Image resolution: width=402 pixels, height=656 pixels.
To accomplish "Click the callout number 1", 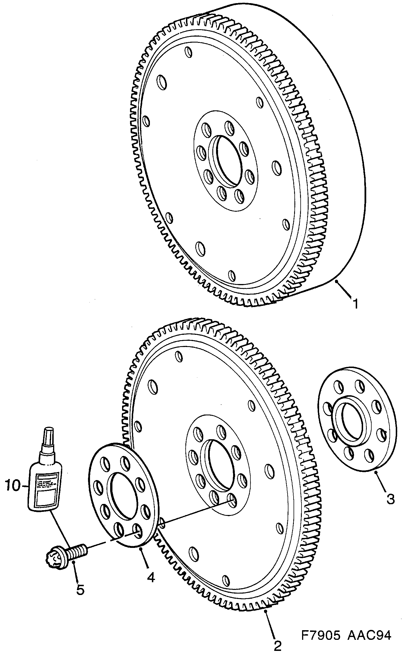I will click(x=355, y=304).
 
